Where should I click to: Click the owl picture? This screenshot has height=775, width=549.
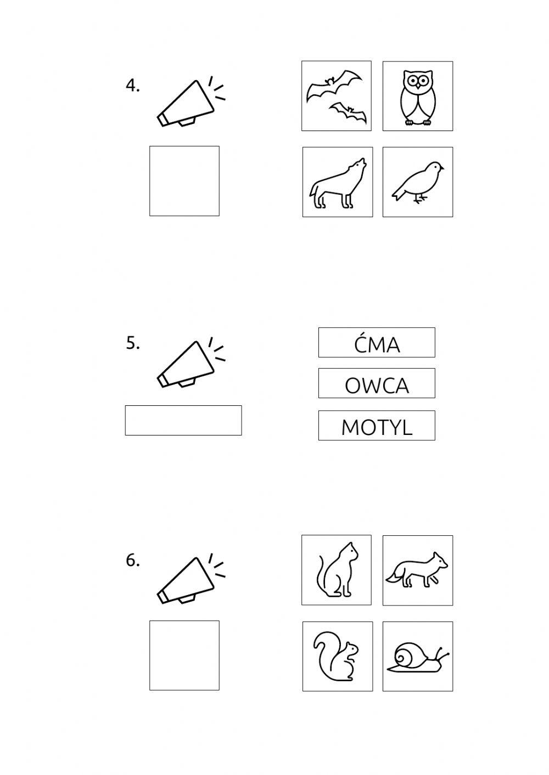[x=418, y=98]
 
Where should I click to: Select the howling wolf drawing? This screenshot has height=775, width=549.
[x=338, y=183]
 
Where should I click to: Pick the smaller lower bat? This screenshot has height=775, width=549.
[x=348, y=112]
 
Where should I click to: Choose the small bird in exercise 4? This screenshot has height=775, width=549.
[x=418, y=182]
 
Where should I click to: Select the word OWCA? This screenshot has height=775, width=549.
[x=377, y=385]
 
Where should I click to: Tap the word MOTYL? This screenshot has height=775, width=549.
[x=377, y=427]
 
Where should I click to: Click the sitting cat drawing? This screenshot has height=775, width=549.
[x=337, y=570]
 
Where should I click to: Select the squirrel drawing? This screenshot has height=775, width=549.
[x=336, y=657]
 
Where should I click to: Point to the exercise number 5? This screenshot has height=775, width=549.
[x=133, y=343]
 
